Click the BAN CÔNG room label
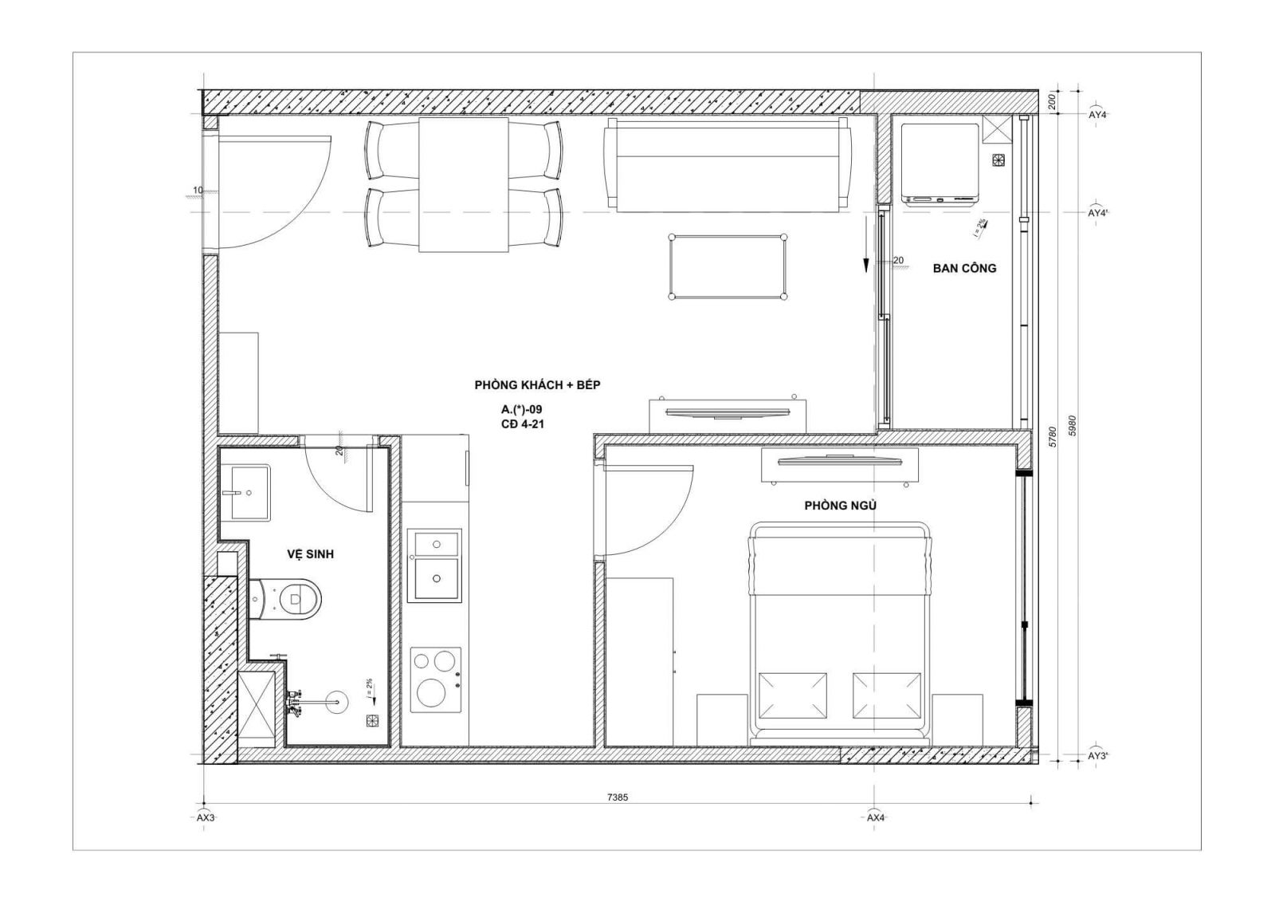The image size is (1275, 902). coord(964,268)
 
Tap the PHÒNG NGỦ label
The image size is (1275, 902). coord(840,505)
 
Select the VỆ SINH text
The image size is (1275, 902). coord(310,553)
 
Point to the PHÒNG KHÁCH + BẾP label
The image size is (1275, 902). coord(537,385)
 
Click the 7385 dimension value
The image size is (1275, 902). coord(618,798)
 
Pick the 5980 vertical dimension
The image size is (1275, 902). coord(1073,426)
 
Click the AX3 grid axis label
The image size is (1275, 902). coord(206,817)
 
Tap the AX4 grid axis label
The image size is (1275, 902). coord(876,817)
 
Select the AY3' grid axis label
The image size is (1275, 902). coord(1098,756)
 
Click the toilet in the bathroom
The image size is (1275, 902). coord(286,599)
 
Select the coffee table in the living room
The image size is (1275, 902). coord(728,266)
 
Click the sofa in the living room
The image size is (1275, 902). coord(728,165)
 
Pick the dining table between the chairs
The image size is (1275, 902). coord(464,184)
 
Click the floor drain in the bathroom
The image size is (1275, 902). coord(371,720)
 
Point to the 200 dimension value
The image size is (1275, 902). coord(1053,101)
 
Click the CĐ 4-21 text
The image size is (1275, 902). coord(522,424)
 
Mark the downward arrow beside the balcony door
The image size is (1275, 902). coord(865,244)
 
